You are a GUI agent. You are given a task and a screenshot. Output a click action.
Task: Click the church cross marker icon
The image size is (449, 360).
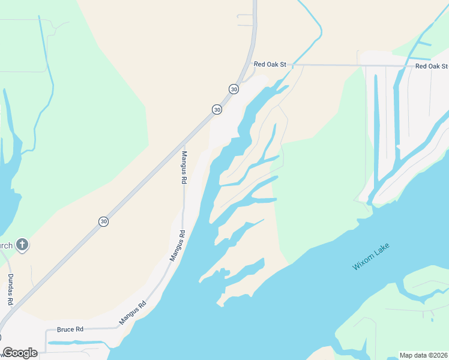tap(22, 244)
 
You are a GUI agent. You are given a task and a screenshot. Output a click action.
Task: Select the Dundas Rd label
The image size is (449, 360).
tap(11, 290)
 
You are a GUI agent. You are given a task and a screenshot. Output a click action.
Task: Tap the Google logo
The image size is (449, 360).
tap(20, 353)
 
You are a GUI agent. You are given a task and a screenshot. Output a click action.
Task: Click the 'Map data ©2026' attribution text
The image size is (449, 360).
tap(423, 355)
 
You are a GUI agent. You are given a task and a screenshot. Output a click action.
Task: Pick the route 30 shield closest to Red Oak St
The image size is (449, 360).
tap(234, 89)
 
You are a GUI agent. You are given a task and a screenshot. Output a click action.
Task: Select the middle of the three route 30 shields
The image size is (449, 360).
tap(217, 109)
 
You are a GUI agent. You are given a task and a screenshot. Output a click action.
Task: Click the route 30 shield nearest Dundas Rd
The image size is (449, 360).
tap(104, 221)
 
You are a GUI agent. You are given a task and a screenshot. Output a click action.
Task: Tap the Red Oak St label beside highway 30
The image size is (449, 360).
tap(272, 64)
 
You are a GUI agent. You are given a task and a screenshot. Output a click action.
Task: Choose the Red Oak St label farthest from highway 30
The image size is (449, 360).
tap(432, 66)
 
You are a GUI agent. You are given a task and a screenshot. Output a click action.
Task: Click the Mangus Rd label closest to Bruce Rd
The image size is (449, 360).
tap(133, 313)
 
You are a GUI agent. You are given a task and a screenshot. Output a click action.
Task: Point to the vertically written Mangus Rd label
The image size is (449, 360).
tap(184, 166)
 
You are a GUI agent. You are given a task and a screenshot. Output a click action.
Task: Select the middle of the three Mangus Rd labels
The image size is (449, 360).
tap(176, 246)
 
